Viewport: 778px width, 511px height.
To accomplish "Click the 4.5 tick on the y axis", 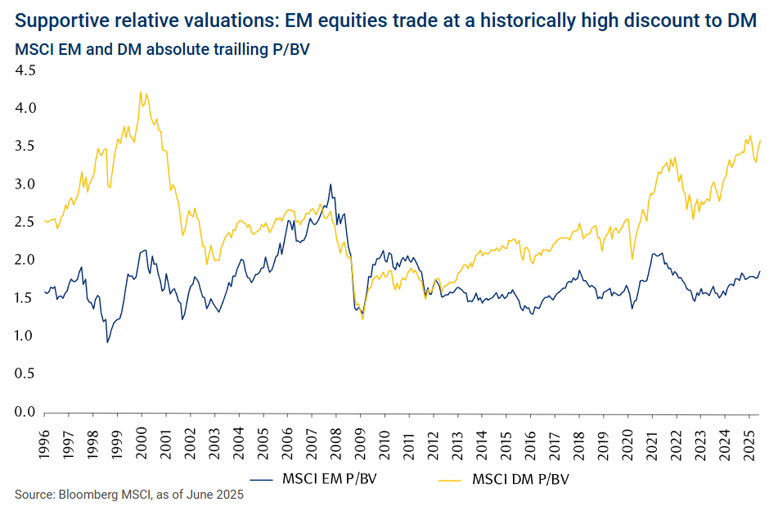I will tap(25, 70).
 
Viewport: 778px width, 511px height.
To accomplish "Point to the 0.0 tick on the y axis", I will tap(25, 412).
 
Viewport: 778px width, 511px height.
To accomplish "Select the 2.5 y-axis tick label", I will tap(25, 222).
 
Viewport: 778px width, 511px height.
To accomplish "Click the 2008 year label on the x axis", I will tap(335, 440).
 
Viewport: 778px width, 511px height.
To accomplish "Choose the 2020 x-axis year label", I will tap(627, 440).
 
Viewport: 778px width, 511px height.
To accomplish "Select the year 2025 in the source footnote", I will tap(229, 495).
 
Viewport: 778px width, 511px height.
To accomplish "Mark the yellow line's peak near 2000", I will tap(142, 92).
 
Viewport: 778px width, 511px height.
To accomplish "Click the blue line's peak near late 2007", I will tap(331, 184).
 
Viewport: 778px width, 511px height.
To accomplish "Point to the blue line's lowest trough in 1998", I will tap(107, 341).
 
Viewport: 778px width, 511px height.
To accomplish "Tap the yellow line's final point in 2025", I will tap(760, 141).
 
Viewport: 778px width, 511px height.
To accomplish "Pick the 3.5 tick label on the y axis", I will tap(25, 147).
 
